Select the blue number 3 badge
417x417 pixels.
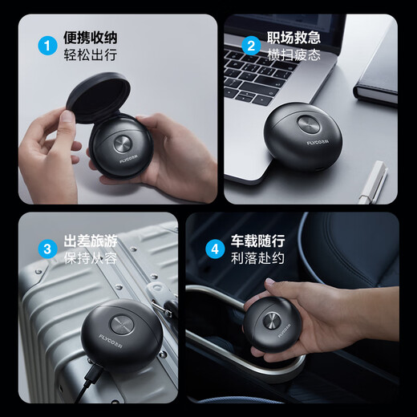click(47, 249)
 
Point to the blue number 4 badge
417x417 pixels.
click(214, 249)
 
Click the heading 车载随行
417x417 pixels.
click(259, 241)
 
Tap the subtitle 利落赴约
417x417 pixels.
click(259, 258)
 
